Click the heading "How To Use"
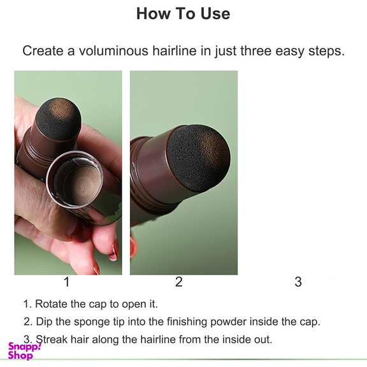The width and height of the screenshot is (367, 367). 183,13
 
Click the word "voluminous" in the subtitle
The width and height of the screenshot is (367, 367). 113,50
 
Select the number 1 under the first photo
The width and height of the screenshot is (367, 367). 67,282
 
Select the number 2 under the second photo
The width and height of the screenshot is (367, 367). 179,282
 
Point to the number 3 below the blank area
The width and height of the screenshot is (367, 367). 298,282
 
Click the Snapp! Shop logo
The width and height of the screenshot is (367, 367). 24,351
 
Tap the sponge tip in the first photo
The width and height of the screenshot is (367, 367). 59,119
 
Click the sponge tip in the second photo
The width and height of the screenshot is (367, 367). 199,158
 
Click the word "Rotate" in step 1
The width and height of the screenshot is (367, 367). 51,304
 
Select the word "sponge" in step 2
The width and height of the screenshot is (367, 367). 92,322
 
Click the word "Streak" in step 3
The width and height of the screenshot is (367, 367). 52,339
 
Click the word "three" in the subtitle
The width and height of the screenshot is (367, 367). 255,50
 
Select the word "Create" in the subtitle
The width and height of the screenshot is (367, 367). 43,50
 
